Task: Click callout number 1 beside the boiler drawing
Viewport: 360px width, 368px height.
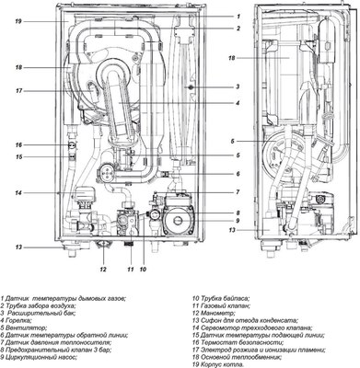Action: pyautogui.click(x=237, y=17)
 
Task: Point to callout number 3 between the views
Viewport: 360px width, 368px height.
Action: pyautogui.click(x=237, y=87)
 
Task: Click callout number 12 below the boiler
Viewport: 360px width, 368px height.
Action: pyautogui.click(x=103, y=270)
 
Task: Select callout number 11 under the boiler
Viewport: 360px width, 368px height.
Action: pyautogui.click(x=130, y=270)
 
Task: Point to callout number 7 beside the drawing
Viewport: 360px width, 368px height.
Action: pyautogui.click(x=237, y=191)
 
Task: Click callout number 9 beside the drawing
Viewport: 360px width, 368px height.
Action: pyautogui.click(x=237, y=221)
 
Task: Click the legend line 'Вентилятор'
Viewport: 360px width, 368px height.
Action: pyautogui.click(x=28, y=325)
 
